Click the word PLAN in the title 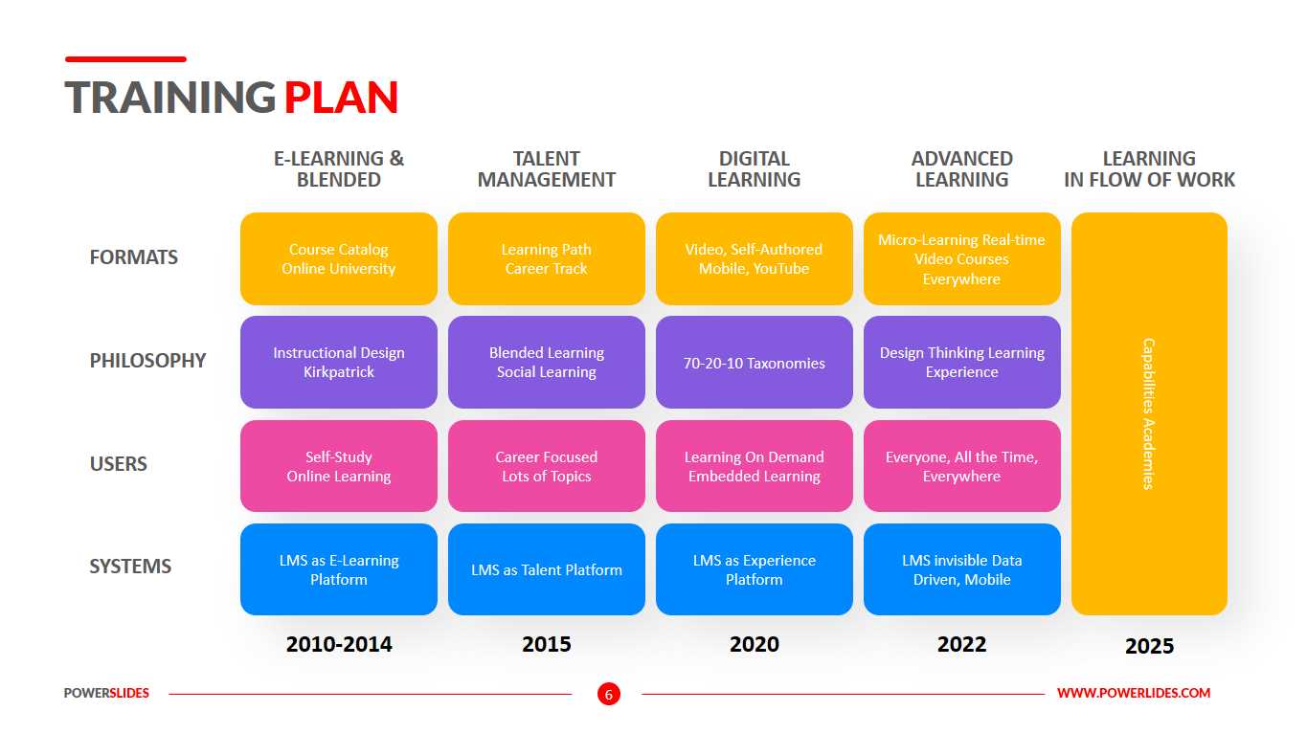coord(341,98)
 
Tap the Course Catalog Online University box coord(339,259)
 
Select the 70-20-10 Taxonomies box coord(755,363)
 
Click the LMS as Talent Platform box coord(547,569)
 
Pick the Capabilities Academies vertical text coord(1149,413)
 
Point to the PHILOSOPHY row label coord(147,361)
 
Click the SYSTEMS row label coord(130,567)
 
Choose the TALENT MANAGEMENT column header coord(547,169)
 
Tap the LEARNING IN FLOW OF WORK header coord(1149,169)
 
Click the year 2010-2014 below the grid coord(339,644)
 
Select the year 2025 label coord(1149,646)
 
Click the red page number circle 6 coord(609,694)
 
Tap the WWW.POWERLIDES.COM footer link coord(1134,693)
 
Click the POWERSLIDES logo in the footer coord(106,693)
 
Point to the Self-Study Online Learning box coord(339,466)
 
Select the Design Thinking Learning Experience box coord(962,363)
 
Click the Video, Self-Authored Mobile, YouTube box coord(755,259)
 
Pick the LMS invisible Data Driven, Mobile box coord(962,569)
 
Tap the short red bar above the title coord(125,59)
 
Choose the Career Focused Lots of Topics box coord(547,466)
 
